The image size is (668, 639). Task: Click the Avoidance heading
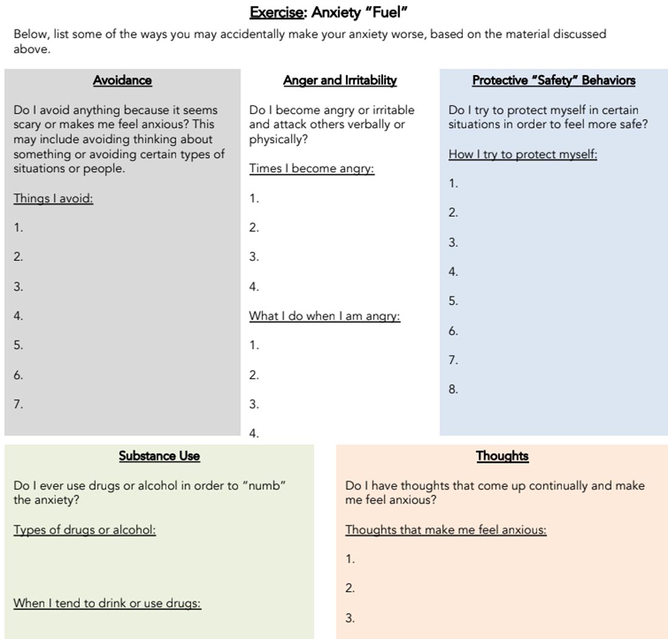pyautogui.click(x=122, y=80)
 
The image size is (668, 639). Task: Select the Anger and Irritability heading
pyautogui.click(x=339, y=80)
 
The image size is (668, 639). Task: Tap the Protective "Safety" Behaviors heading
pyautogui.click(x=553, y=80)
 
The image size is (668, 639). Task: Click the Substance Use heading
pyautogui.click(x=159, y=456)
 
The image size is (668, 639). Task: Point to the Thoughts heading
pyautogui.click(x=502, y=456)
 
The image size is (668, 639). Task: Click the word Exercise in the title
pyautogui.click(x=276, y=12)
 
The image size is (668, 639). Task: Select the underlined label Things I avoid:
pyautogui.click(x=53, y=198)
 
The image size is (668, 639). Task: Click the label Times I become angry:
pyautogui.click(x=312, y=169)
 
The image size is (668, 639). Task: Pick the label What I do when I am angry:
pyautogui.click(x=324, y=316)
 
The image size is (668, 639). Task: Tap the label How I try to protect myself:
pyautogui.click(x=522, y=154)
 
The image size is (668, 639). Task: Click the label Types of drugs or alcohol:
pyautogui.click(x=84, y=530)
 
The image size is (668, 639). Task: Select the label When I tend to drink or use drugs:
pyautogui.click(x=107, y=603)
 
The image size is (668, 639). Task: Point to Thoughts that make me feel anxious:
pyautogui.click(x=446, y=530)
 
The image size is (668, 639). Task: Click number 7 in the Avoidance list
pyautogui.click(x=18, y=404)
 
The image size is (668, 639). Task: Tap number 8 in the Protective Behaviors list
pyautogui.click(x=453, y=390)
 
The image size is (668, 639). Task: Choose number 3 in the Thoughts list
pyautogui.click(x=350, y=618)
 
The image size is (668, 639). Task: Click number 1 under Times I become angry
pyautogui.click(x=254, y=198)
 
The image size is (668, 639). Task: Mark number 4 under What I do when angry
pyautogui.click(x=254, y=433)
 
